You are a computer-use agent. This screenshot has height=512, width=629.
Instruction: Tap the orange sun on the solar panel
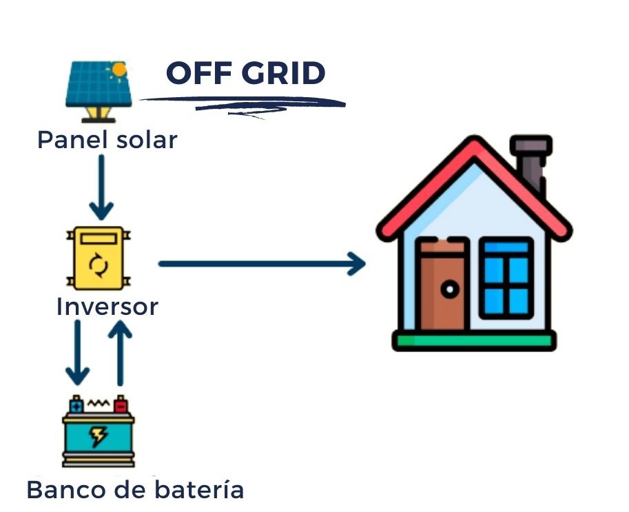click(x=120, y=70)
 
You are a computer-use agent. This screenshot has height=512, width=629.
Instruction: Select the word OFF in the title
click(x=196, y=73)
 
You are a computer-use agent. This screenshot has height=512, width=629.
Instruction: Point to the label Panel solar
click(x=107, y=140)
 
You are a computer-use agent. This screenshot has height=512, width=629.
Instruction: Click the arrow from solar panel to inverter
click(x=102, y=185)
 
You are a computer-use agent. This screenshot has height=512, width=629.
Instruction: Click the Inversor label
click(x=107, y=307)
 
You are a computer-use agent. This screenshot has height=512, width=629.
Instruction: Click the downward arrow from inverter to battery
click(x=77, y=352)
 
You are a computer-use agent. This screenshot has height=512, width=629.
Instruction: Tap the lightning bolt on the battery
click(x=99, y=436)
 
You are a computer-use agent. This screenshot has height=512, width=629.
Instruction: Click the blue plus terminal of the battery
click(x=76, y=405)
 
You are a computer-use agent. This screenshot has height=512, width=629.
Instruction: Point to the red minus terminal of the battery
click(x=121, y=405)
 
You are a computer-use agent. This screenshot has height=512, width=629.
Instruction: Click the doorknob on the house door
click(x=450, y=289)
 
